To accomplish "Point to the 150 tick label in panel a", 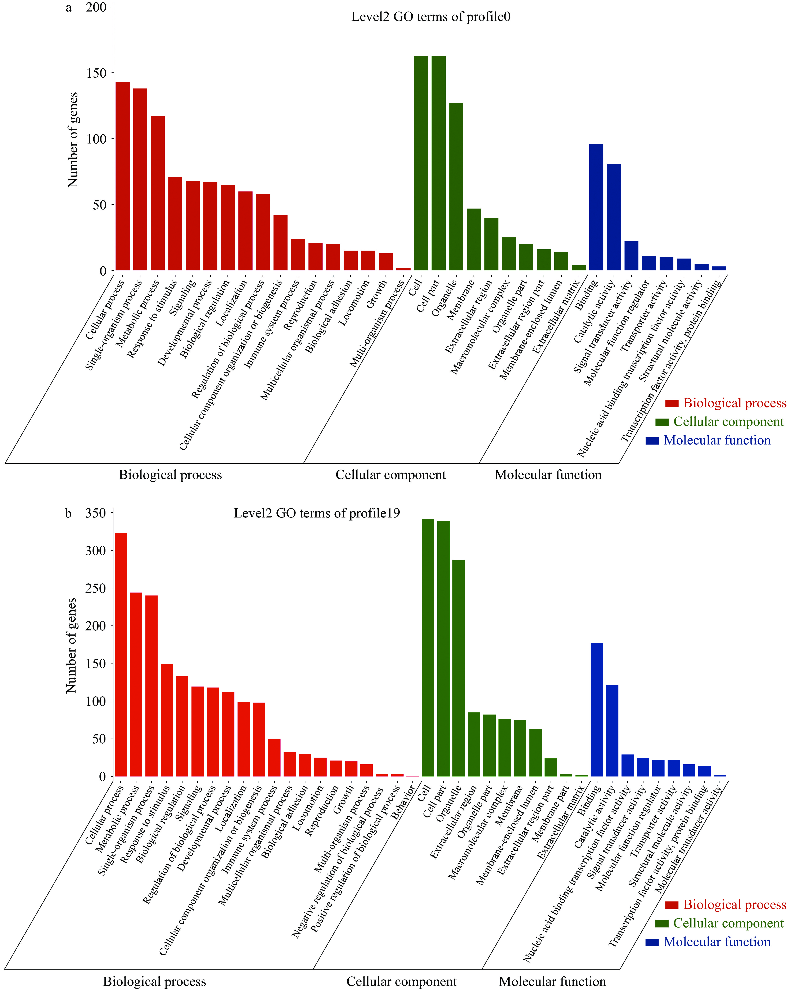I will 96,73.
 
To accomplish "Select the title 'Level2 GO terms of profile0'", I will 430,17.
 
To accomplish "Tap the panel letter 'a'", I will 69,8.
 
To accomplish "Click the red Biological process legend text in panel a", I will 734,403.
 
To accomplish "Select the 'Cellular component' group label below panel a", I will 390,475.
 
